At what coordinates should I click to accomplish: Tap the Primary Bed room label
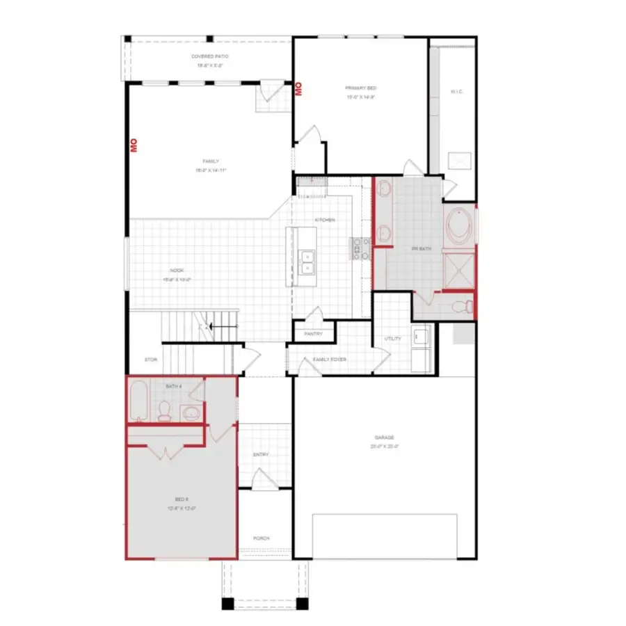coord(360,88)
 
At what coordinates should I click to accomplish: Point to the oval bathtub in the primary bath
coord(459,226)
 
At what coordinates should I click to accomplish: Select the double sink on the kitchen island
coord(306,261)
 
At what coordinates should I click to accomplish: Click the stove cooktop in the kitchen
coord(361,248)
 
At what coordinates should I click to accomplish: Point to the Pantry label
coord(312,335)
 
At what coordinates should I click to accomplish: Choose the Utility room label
coord(392,339)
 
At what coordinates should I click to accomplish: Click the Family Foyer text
coord(330,360)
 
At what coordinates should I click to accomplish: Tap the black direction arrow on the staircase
coord(221,326)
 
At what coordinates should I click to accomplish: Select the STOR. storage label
coord(150,360)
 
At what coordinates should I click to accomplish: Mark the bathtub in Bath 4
coord(139,402)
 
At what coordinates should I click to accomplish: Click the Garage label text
coord(384,438)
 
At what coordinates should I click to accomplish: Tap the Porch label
coord(261,538)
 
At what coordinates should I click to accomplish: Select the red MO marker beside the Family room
coord(133,145)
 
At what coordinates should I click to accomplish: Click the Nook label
coord(177,271)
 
